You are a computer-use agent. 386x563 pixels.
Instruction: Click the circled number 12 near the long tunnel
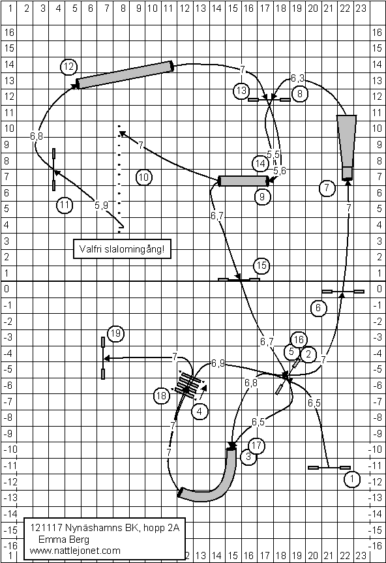click(x=68, y=67)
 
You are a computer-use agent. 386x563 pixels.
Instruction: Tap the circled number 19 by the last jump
click(x=115, y=333)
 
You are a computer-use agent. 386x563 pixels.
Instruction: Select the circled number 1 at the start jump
click(x=352, y=479)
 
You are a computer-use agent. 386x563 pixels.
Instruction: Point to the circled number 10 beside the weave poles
click(x=144, y=177)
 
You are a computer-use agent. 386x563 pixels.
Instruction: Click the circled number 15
click(x=261, y=266)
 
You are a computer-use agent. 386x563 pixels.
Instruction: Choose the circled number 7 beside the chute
click(x=327, y=188)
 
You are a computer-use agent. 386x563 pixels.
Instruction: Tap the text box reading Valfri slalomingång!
click(x=122, y=249)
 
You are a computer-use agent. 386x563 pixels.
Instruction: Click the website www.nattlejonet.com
click(x=75, y=551)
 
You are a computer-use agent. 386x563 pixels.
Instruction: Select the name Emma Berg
click(x=64, y=540)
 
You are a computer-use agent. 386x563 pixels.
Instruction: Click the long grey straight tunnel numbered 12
click(x=125, y=74)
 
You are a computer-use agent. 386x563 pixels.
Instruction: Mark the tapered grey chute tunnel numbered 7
click(x=346, y=147)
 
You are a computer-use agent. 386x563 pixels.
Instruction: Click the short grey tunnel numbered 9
click(x=244, y=181)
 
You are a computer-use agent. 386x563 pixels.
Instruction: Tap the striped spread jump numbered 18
click(x=187, y=386)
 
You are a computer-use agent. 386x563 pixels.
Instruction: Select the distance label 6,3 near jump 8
click(x=297, y=78)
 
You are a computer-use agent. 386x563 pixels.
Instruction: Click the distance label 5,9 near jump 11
click(x=101, y=205)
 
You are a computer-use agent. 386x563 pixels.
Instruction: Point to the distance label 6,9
click(x=218, y=363)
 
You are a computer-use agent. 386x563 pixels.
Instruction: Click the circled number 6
click(x=318, y=308)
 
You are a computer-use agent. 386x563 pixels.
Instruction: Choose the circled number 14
click(x=260, y=164)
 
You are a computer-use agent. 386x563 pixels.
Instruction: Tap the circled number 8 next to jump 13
click(x=299, y=94)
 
